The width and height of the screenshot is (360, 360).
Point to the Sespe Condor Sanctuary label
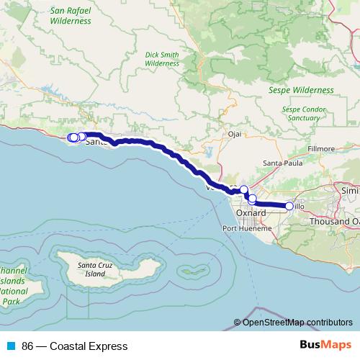(x=302, y=113)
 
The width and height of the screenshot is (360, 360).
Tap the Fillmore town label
(x=321, y=148)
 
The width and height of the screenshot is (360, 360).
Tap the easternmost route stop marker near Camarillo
(x=289, y=207)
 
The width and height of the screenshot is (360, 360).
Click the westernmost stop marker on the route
(x=71, y=138)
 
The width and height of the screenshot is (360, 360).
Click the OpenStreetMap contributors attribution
(x=297, y=323)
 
